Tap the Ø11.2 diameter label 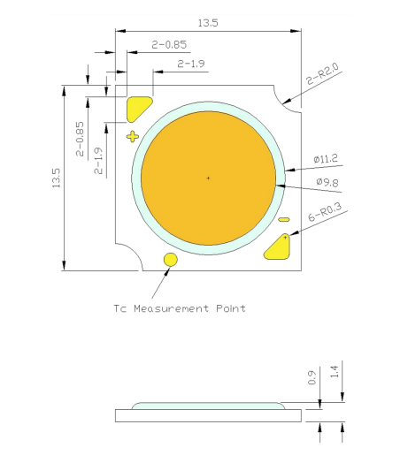[x=327, y=159]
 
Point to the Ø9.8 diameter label [x=327, y=183]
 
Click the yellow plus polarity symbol [x=133, y=136]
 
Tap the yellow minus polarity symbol [x=283, y=219]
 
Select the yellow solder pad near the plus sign [x=139, y=109]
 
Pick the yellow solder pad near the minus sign [x=280, y=246]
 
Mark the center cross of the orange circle [x=209, y=178]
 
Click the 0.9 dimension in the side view [x=312, y=378]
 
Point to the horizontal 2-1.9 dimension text [x=191, y=64]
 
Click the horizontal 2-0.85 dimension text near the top [x=169, y=43]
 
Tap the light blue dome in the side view [x=209, y=405]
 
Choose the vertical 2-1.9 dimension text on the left [x=97, y=159]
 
